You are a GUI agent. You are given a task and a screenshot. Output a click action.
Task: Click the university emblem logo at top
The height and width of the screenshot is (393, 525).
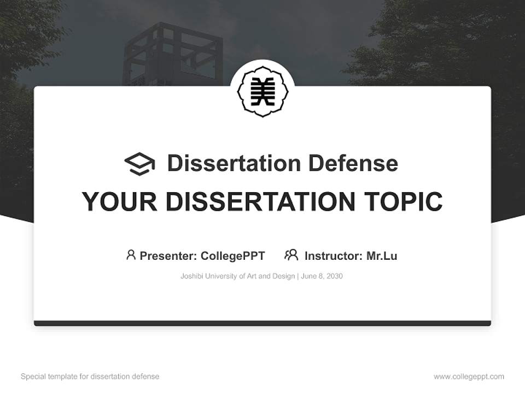[262, 92]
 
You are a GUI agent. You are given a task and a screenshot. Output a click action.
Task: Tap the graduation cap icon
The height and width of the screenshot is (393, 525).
[139, 163]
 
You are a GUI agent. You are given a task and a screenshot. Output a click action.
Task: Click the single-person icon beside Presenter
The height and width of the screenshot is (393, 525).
[131, 255]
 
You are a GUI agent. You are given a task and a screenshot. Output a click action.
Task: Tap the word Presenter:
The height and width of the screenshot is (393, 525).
[168, 255]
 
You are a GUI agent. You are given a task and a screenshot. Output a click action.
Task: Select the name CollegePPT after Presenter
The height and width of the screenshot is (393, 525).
[233, 255]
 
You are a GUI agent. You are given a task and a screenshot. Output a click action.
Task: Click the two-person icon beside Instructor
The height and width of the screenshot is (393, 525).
[291, 255]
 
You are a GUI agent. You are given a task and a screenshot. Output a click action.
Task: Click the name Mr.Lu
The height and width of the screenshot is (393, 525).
[382, 255]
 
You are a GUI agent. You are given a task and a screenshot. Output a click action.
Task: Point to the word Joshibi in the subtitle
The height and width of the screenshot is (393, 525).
[191, 276]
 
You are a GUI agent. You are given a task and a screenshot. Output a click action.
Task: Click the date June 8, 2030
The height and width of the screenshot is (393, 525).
[322, 276]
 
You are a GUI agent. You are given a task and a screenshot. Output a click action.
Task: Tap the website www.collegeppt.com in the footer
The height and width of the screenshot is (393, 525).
[469, 377]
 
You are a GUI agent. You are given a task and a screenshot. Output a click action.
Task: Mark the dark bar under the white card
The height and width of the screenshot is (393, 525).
[262, 323]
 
